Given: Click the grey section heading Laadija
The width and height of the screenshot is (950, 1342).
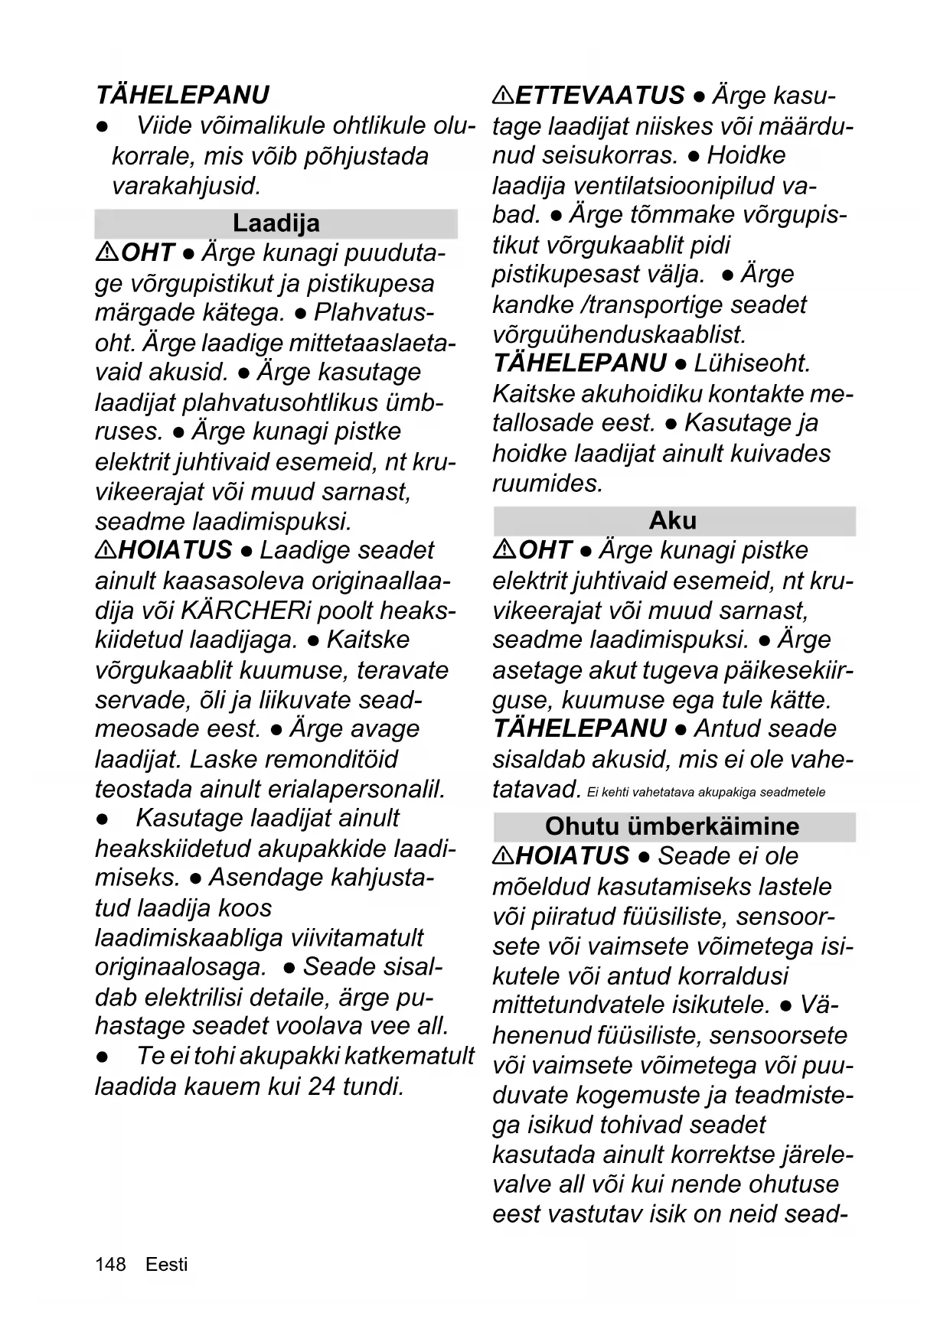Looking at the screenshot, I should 276,223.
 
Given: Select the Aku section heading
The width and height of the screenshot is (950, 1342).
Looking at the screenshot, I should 673,520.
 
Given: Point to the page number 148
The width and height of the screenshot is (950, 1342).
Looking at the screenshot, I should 110,1264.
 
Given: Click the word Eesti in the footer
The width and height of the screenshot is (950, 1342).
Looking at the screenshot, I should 166,1264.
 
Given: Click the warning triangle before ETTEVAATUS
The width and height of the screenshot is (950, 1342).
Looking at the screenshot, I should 503,96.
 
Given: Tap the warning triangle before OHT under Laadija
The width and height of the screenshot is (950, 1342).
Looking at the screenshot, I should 106,252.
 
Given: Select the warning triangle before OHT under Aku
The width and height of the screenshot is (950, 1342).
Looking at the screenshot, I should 504,549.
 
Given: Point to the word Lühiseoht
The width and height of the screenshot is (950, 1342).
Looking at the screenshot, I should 752,363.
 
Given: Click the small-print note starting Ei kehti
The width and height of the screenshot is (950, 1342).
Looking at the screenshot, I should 706,792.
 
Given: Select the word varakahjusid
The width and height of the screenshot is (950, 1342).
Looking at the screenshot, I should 186,186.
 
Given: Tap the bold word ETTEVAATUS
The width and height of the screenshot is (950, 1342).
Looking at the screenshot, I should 600,96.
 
